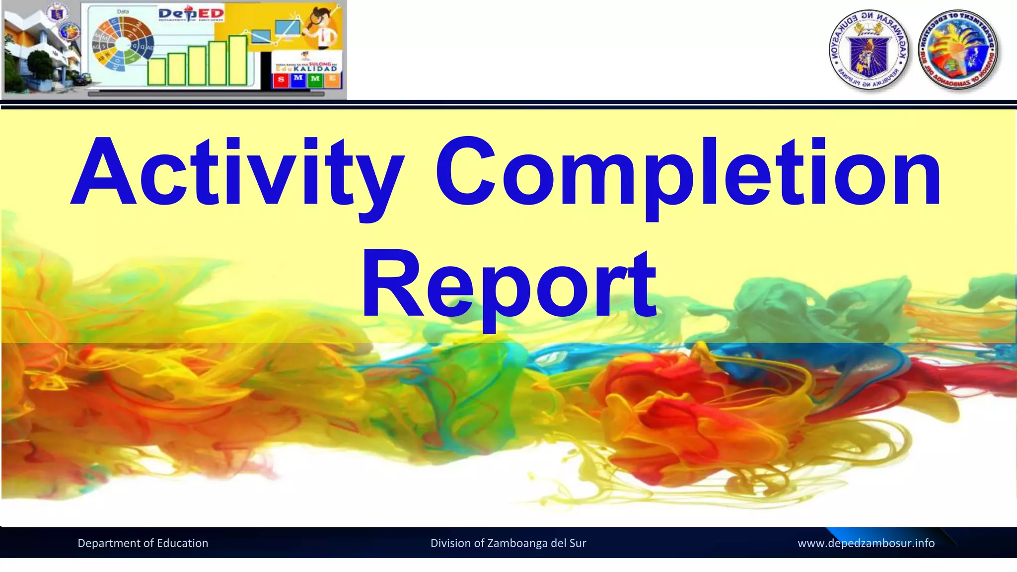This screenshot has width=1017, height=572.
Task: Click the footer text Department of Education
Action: [x=143, y=543]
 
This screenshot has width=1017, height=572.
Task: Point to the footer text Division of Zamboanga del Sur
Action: [x=508, y=543]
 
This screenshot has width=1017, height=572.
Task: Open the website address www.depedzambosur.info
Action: [x=866, y=543]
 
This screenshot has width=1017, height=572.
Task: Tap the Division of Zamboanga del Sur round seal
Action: [x=958, y=51]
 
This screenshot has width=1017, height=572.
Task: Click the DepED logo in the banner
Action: [x=191, y=14]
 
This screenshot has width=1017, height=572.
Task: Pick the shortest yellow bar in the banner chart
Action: [x=157, y=71]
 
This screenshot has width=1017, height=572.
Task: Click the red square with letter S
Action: [x=282, y=79]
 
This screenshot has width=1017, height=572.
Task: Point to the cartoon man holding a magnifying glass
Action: [x=323, y=27]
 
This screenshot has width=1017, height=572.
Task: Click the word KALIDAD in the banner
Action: [x=315, y=69]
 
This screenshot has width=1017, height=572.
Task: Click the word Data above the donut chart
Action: [x=123, y=11]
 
